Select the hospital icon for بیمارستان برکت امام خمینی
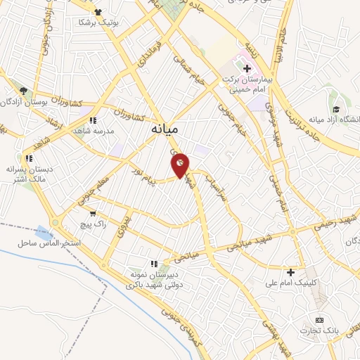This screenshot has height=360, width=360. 247,68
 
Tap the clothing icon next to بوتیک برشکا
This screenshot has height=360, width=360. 98,12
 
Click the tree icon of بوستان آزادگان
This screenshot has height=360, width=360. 23,91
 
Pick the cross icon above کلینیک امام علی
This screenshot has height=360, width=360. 290,271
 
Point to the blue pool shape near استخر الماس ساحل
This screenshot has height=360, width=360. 44,232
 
